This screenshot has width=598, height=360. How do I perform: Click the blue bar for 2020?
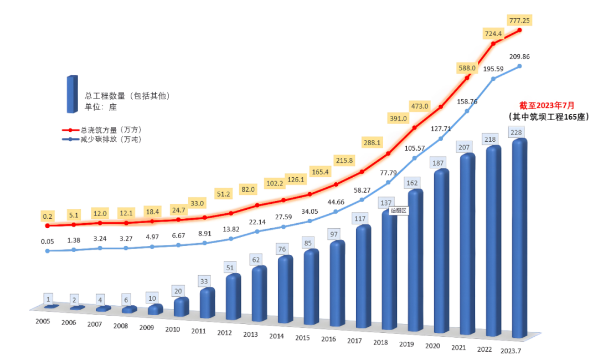pyautogui.click(x=441, y=252)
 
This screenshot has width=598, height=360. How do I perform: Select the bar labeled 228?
pyautogui.click(x=519, y=238)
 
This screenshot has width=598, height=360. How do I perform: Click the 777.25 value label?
pyautogui.click(x=519, y=20)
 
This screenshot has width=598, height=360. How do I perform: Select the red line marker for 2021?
pyautogui.click(x=467, y=78)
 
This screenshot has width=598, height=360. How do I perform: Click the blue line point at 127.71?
pyautogui.click(x=441, y=138)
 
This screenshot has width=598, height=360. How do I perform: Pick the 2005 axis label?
pyautogui.click(x=43, y=321)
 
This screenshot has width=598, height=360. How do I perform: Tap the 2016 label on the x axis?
pyautogui.click(x=328, y=339)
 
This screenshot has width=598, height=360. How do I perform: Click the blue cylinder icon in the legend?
pyautogui.click(x=71, y=94)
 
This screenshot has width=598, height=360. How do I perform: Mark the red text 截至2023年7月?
pyautogui.click(x=547, y=105)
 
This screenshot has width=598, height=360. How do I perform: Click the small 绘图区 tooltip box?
pyautogui.click(x=399, y=210)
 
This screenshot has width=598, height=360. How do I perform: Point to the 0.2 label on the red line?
pyautogui.click(x=47, y=216)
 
